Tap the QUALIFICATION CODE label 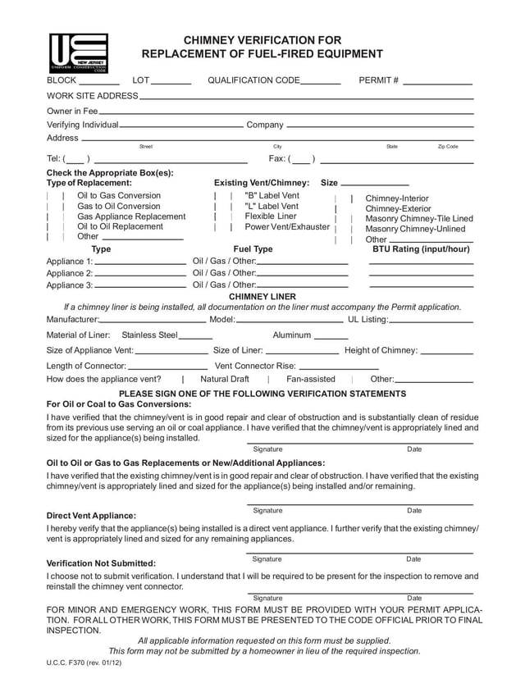pyautogui.click(x=253, y=80)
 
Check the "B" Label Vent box pyautogui.click(x=223, y=196)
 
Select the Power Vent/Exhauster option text pyautogui.click(x=287, y=226)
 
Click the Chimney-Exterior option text pyautogui.click(x=397, y=208)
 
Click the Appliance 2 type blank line pyautogui.click(x=140, y=273)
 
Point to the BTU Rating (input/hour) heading pyautogui.click(x=421, y=249)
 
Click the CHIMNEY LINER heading pyautogui.click(x=262, y=296)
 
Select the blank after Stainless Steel pyautogui.click(x=195, y=335)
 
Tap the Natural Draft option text pyautogui.click(x=225, y=379)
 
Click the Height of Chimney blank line pyautogui.click(x=447, y=351)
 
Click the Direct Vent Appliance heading pyautogui.click(x=91, y=516)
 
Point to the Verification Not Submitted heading pyautogui.click(x=101, y=563)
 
